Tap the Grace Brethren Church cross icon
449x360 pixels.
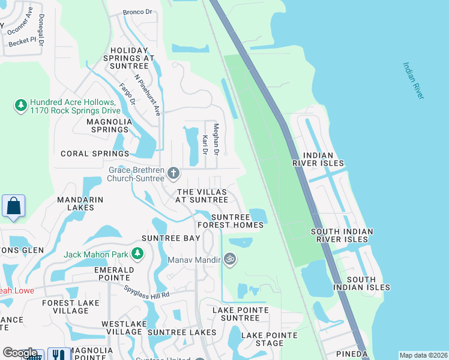(173, 174)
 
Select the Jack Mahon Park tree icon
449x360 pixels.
(137, 254)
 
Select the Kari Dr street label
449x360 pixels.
(205, 145)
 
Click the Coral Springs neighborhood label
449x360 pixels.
(95, 154)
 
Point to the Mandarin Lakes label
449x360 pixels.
(80, 203)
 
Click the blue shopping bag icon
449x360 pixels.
(13, 206)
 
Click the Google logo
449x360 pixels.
(20, 353)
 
